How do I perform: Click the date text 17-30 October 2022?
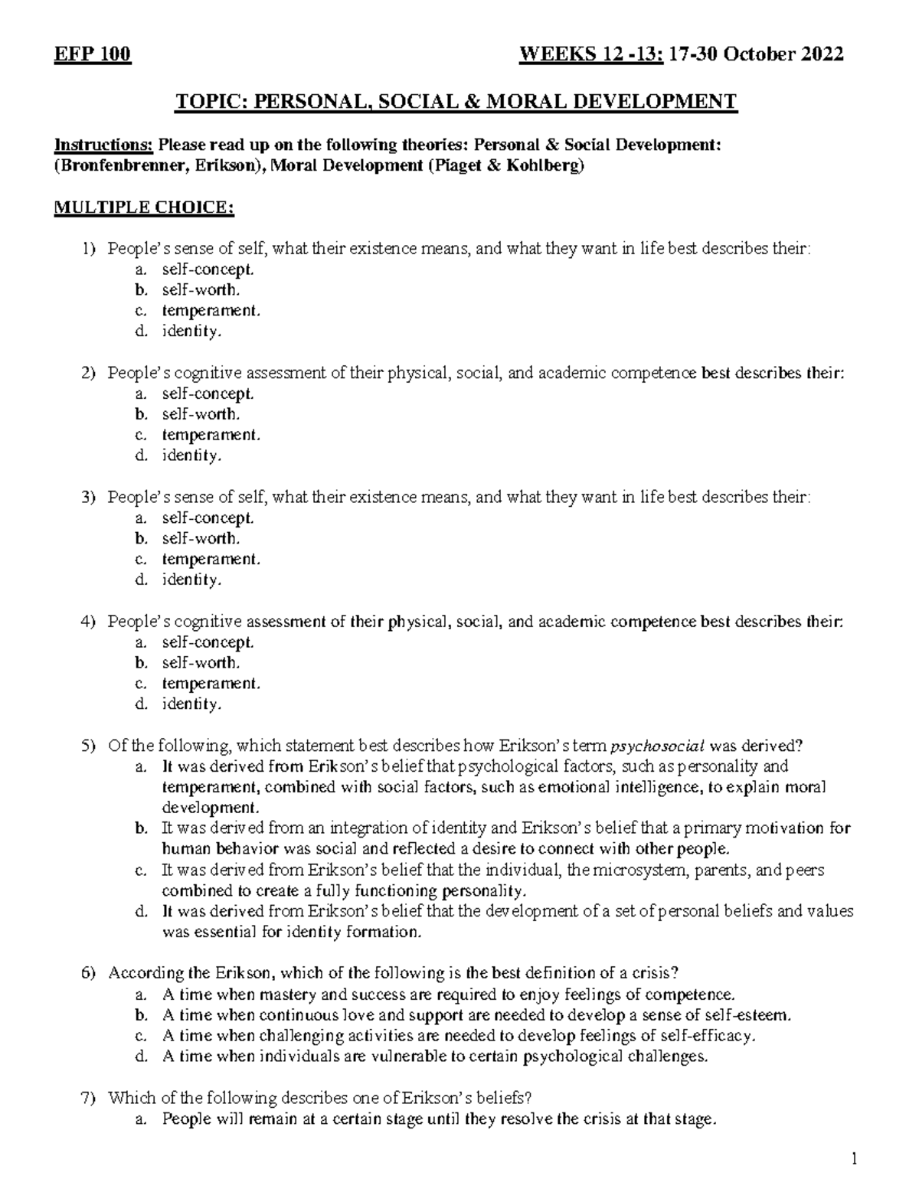(x=756, y=55)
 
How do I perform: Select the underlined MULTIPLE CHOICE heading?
(x=144, y=208)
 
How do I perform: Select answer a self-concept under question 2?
(x=207, y=394)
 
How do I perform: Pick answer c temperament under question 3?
(x=211, y=559)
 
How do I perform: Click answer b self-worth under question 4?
(x=201, y=662)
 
